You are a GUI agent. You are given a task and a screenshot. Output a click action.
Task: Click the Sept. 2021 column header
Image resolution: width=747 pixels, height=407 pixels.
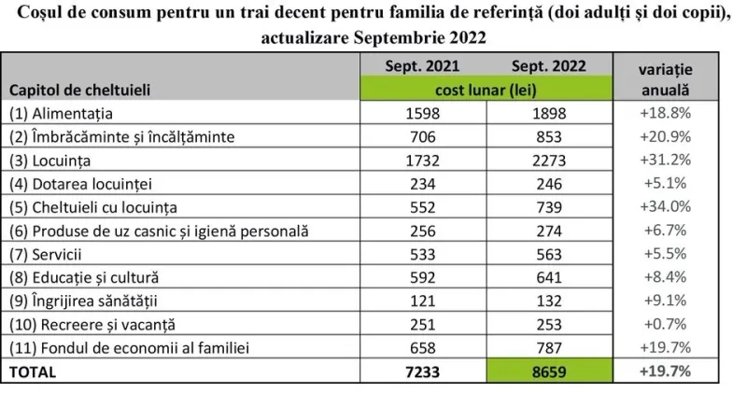(422, 65)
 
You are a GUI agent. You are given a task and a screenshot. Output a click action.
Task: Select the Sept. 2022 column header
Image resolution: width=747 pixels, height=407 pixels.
(549, 65)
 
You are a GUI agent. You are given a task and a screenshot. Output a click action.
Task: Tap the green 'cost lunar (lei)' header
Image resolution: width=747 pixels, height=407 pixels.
(486, 90)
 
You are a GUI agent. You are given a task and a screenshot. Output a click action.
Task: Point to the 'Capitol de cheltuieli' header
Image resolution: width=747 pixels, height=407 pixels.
(79, 90)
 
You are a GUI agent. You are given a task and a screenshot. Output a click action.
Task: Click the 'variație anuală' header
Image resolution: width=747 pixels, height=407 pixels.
(666, 79)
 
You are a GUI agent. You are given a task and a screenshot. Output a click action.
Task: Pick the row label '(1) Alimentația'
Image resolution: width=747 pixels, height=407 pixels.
(61, 114)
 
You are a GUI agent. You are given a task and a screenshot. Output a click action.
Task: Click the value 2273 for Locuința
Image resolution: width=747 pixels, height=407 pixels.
(549, 161)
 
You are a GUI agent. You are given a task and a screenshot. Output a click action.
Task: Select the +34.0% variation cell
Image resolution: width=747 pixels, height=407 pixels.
(666, 206)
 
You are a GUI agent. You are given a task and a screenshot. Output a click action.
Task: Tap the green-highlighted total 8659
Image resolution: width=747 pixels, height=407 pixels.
(549, 372)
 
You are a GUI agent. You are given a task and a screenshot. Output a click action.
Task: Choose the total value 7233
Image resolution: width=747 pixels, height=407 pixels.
(423, 372)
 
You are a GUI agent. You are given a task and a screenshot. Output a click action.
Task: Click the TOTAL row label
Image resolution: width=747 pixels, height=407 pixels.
(33, 372)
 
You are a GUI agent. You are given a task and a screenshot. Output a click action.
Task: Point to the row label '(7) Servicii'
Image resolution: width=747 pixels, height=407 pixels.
(45, 254)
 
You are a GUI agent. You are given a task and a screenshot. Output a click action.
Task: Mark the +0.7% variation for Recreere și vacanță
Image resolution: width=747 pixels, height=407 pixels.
(666, 324)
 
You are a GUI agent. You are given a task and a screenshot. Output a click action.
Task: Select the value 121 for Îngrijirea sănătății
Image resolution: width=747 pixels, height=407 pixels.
(423, 301)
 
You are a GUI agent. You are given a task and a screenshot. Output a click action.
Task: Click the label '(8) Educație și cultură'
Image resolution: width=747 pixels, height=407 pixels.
(84, 277)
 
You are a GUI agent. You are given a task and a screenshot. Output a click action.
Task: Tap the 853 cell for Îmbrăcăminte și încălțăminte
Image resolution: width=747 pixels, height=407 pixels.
(549, 137)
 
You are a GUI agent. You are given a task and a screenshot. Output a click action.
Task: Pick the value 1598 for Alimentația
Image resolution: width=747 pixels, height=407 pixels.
(423, 114)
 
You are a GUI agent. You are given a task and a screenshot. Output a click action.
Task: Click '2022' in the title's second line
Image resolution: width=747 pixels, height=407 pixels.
(467, 37)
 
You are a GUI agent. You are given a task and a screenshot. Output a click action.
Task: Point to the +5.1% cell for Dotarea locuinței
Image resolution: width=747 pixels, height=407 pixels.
(666, 183)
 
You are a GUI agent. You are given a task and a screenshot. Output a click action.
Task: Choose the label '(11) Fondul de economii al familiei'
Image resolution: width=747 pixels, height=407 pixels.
(129, 348)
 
